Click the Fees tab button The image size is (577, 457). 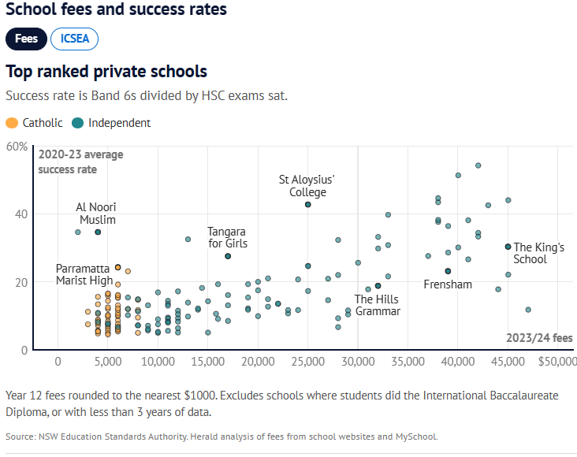pyautogui.click(x=26, y=39)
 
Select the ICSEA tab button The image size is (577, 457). pyautogui.click(x=74, y=39)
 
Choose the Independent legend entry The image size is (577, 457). pyautogui.click(x=110, y=123)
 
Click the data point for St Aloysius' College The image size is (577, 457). pyautogui.click(x=308, y=204)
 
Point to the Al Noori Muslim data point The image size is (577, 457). pyautogui.click(x=98, y=232)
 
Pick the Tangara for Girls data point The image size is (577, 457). pyautogui.click(x=228, y=256)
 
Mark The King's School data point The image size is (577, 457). pyautogui.click(x=508, y=247)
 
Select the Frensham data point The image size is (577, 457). pyautogui.click(x=448, y=271)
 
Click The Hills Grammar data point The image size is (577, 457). pyautogui.click(x=378, y=286)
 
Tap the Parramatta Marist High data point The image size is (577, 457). pyautogui.click(x=118, y=267)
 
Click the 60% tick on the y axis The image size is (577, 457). pyautogui.click(x=17, y=147)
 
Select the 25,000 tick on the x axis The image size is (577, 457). pyautogui.click(x=307, y=362)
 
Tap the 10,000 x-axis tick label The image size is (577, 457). pyautogui.click(x=158, y=362)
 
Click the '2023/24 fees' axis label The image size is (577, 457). pyautogui.click(x=539, y=338)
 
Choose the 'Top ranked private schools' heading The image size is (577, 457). pyautogui.click(x=106, y=72)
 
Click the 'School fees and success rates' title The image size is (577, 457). pyautogui.click(x=116, y=10)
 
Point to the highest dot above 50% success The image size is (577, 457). pyautogui.click(x=478, y=165)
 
